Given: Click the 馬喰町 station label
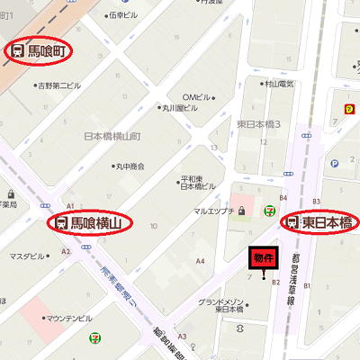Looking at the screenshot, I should point(40,50).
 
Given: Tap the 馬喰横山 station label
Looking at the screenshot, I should point(89,220).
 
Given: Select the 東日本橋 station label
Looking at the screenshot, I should point(320,221).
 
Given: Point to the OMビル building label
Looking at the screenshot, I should point(197,97).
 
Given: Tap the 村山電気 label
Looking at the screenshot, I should point(279,84).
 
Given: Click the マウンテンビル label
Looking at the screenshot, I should point(68,318).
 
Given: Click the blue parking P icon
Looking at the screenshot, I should point(334,164).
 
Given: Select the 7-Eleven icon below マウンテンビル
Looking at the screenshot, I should point(94,338).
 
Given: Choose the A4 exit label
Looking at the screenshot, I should point(202,261).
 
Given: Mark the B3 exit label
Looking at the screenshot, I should point(316,201).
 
